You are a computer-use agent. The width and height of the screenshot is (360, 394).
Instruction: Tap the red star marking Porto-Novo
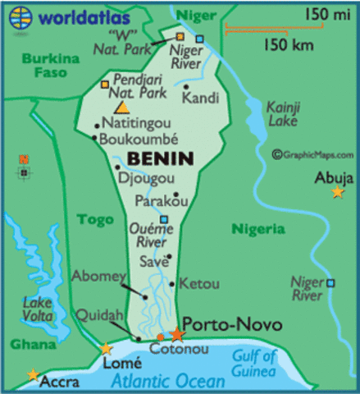pos(178,334)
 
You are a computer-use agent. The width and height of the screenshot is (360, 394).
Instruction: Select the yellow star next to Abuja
pos(337,192)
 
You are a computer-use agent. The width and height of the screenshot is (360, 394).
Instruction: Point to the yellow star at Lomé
pos(106,349)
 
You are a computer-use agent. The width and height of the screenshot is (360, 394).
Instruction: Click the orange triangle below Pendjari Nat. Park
pos(122,107)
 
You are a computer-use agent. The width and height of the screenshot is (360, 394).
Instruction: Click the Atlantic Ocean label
pos(169,381)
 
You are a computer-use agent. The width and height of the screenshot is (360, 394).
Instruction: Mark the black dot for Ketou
pos(171,285)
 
